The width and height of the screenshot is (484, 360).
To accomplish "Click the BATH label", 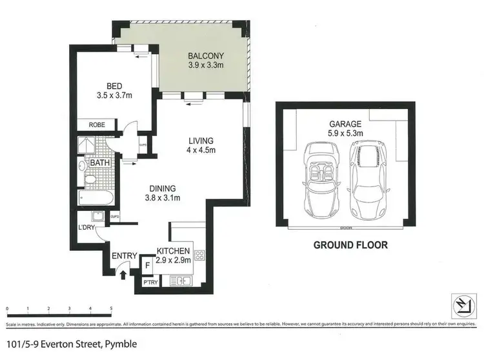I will tap(99, 163).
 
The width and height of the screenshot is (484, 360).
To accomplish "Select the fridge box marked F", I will tap(146, 264).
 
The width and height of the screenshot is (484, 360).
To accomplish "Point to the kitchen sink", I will tap(180, 281).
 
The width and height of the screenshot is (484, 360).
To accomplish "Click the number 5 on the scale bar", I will tap(111, 308).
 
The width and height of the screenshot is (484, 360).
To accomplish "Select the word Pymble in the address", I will tap(120, 345).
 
